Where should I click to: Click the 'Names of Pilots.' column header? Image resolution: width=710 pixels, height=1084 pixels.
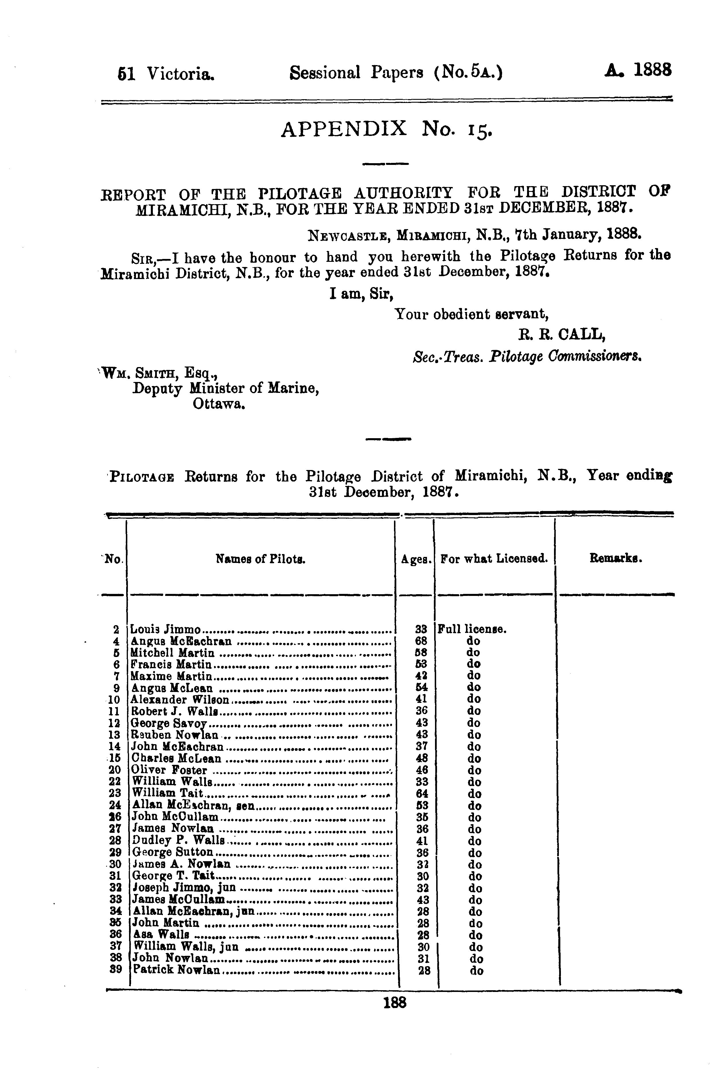coord(260,559)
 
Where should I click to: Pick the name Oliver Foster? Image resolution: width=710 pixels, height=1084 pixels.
coord(169,770)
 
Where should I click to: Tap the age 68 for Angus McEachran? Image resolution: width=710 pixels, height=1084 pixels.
coord(422,641)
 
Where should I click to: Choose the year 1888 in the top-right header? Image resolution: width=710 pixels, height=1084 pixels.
coord(653,71)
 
